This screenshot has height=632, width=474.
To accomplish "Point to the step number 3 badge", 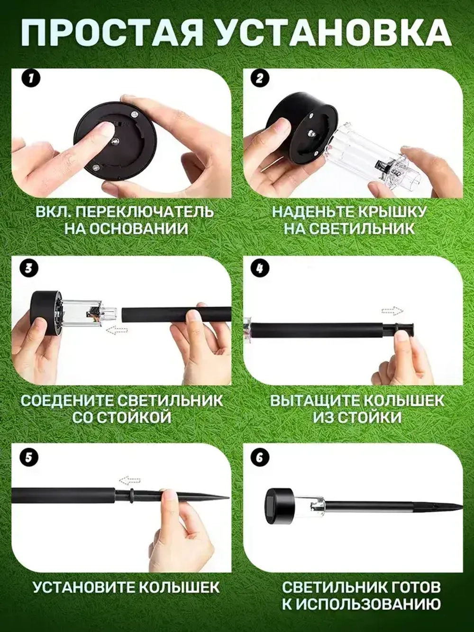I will tap(29, 268).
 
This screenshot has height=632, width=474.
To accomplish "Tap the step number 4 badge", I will tap(259, 268).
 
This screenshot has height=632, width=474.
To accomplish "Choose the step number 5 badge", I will tap(29, 457).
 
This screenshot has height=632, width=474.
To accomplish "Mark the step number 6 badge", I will tap(259, 457).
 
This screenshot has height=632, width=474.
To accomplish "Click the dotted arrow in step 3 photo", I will tap(116, 330).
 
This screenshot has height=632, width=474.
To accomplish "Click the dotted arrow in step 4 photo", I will tap(392, 311).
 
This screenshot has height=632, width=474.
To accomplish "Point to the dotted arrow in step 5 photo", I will tap(129, 480).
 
